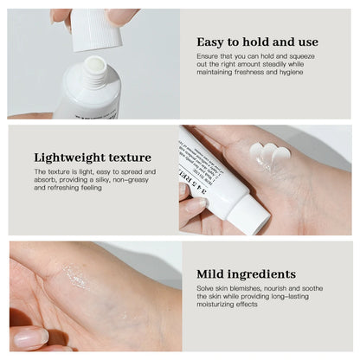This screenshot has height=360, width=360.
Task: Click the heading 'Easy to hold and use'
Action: [257, 42]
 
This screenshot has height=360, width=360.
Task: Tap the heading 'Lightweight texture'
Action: [93, 157]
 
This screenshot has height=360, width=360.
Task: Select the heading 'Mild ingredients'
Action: [246, 273]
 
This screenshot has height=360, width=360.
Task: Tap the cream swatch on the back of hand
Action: [269, 153]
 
